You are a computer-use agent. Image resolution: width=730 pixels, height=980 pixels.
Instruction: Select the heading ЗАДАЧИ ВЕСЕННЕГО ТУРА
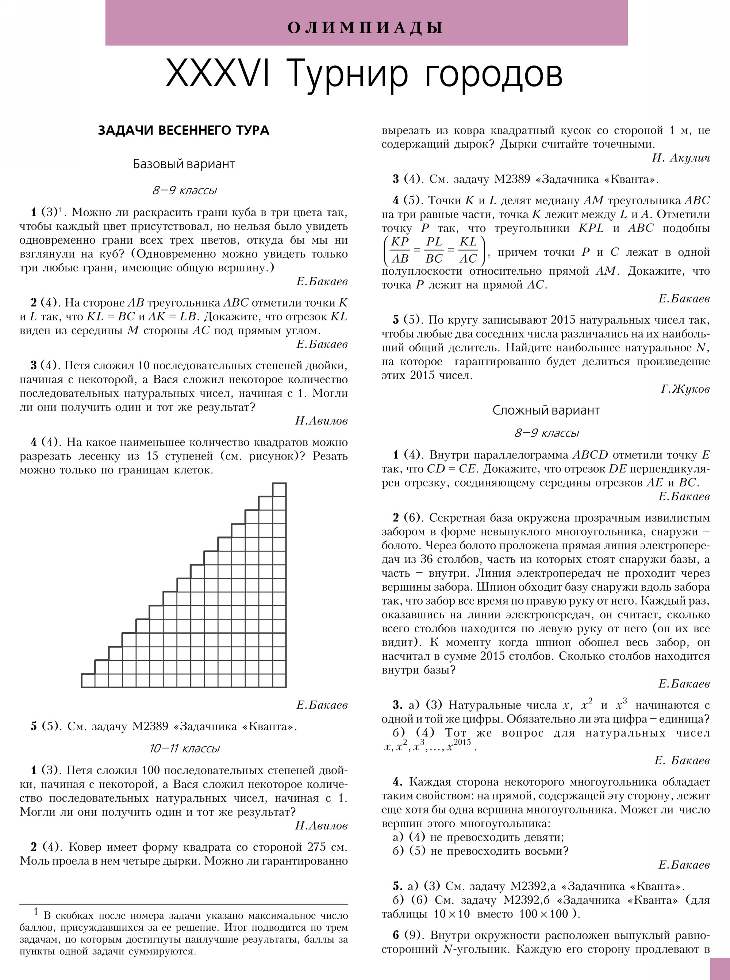pyautogui.click(x=183, y=130)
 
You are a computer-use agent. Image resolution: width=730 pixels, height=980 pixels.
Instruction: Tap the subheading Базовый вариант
pyautogui.click(x=183, y=164)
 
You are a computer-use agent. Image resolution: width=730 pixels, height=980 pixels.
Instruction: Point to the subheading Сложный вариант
pyautogui.click(x=546, y=411)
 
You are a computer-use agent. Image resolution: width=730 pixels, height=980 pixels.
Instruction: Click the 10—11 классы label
pyautogui.click(x=184, y=748)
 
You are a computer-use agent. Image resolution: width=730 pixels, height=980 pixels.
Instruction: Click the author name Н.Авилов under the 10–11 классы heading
pyautogui.click(x=321, y=825)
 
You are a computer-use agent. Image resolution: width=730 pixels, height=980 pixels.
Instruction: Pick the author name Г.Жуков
pyautogui.click(x=685, y=389)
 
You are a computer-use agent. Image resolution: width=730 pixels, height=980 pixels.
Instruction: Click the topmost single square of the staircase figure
pyautogui.click(x=279, y=489)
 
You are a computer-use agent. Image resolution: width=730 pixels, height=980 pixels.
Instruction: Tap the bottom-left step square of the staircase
pyautogui.click(x=88, y=680)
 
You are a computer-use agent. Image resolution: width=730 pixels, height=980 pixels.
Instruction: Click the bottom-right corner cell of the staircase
pyautogui.click(x=279, y=680)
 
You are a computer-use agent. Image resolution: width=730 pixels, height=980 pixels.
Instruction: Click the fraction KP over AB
pyautogui.click(x=400, y=250)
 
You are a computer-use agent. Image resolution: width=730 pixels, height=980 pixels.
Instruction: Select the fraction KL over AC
pyautogui.click(x=468, y=250)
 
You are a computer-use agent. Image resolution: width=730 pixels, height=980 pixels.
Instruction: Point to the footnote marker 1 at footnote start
pyautogui.click(x=36, y=911)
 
